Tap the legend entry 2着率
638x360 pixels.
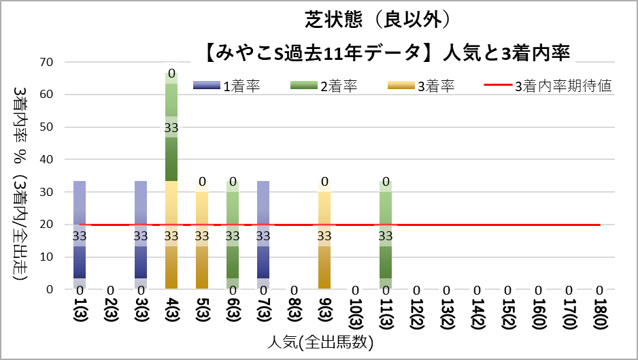tap(324, 86)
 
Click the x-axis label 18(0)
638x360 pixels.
tap(599, 313)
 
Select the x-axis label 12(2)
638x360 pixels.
tap(416, 313)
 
